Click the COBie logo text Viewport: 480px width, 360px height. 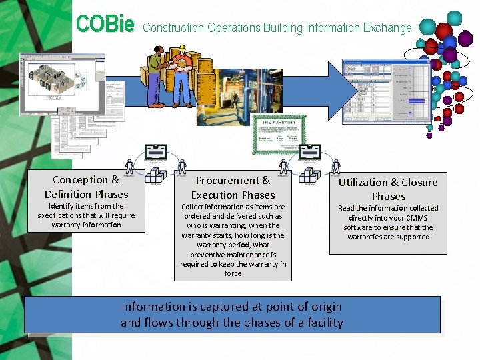105,25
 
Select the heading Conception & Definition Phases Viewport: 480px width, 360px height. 86,187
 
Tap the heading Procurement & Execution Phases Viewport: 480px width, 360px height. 233,187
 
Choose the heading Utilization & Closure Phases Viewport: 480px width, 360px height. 388,189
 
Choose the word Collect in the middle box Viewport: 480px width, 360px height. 194,207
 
